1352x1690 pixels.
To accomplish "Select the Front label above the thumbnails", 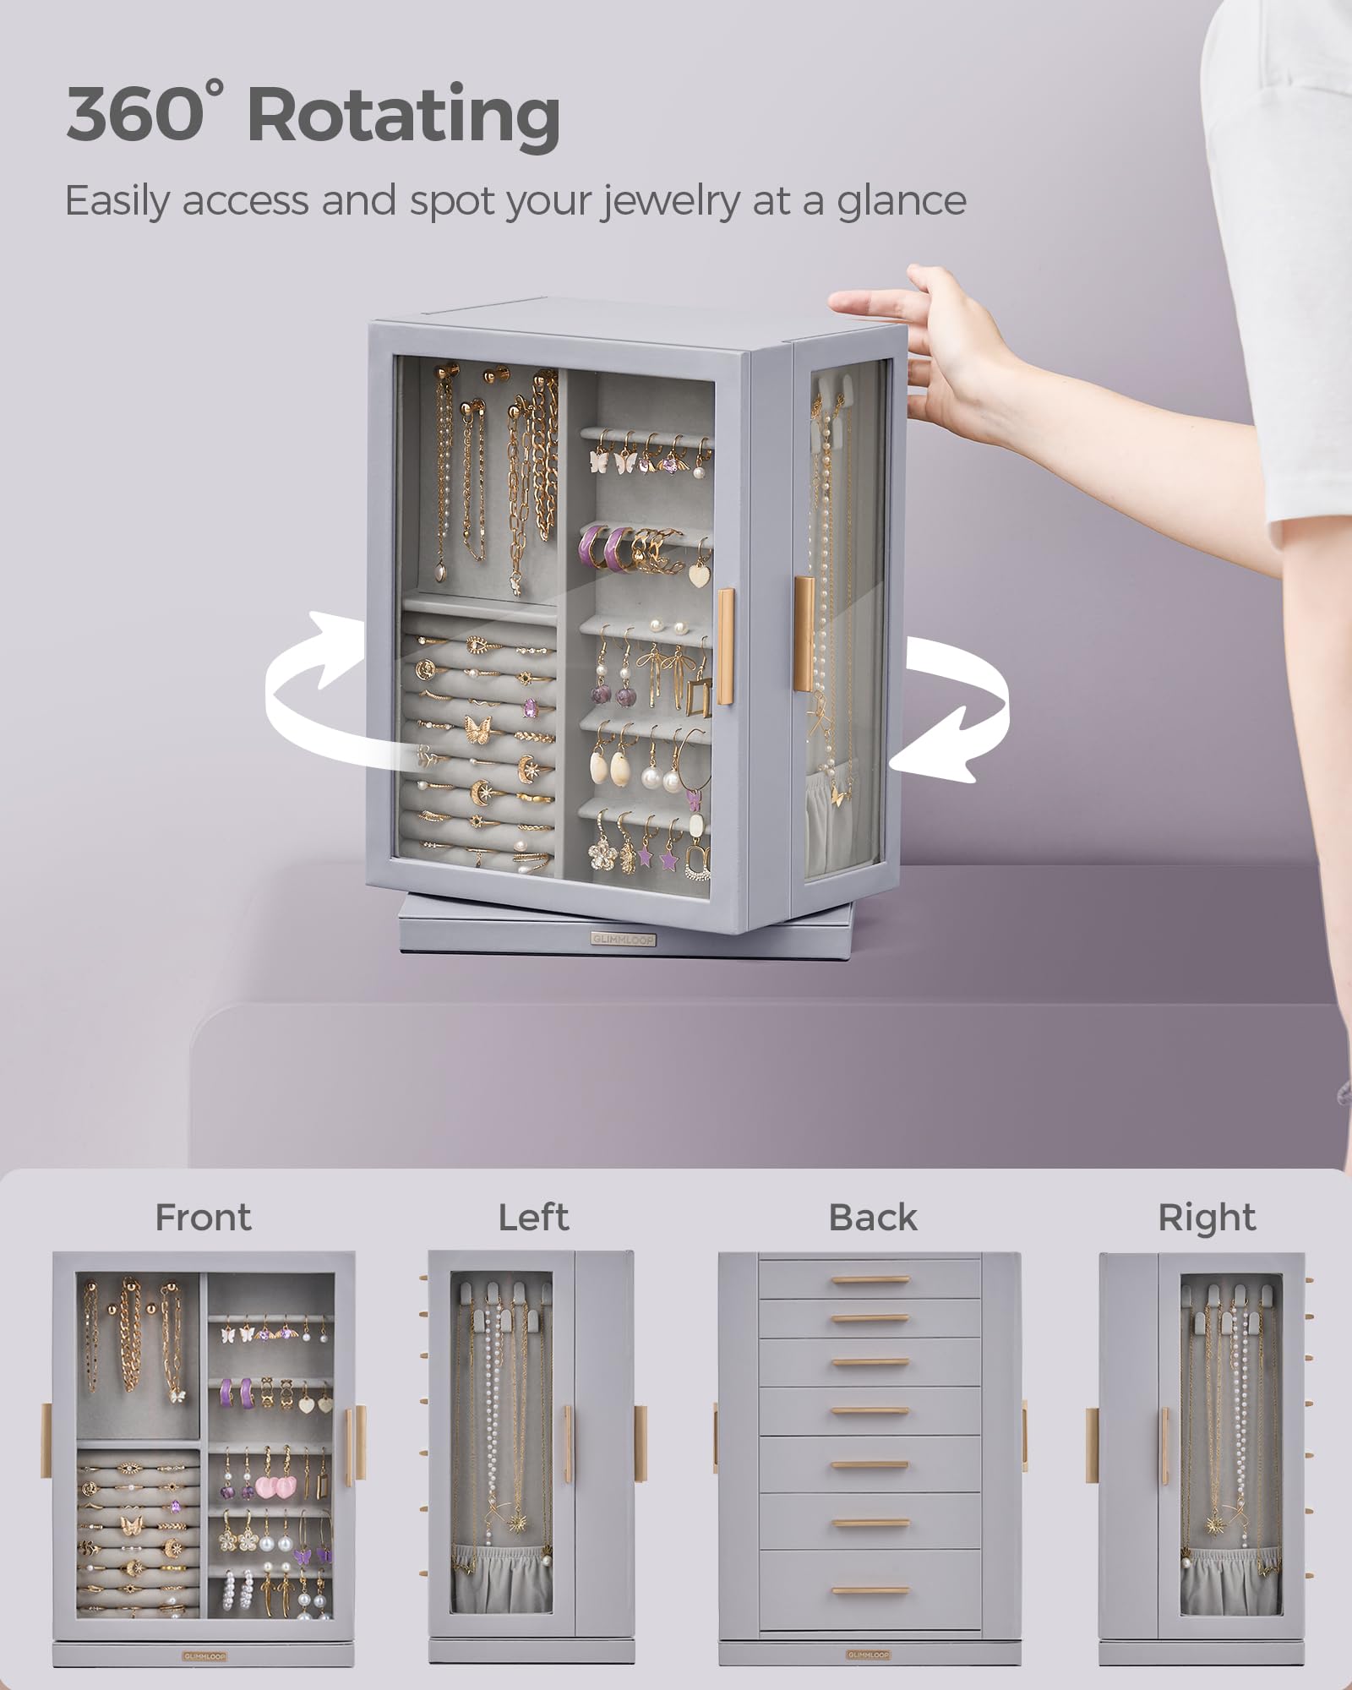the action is [203, 1218].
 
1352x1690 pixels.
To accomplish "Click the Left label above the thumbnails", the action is [533, 1218].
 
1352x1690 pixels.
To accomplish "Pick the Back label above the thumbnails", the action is [873, 1218].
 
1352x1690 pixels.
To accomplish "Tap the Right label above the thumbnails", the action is [1207, 1218].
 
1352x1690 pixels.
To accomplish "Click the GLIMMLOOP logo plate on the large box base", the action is [624, 939].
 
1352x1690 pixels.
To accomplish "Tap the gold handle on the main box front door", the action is [726, 646].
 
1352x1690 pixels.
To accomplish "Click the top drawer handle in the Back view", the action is [870, 1280].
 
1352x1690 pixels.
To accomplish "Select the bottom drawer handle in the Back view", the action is [870, 1590].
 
